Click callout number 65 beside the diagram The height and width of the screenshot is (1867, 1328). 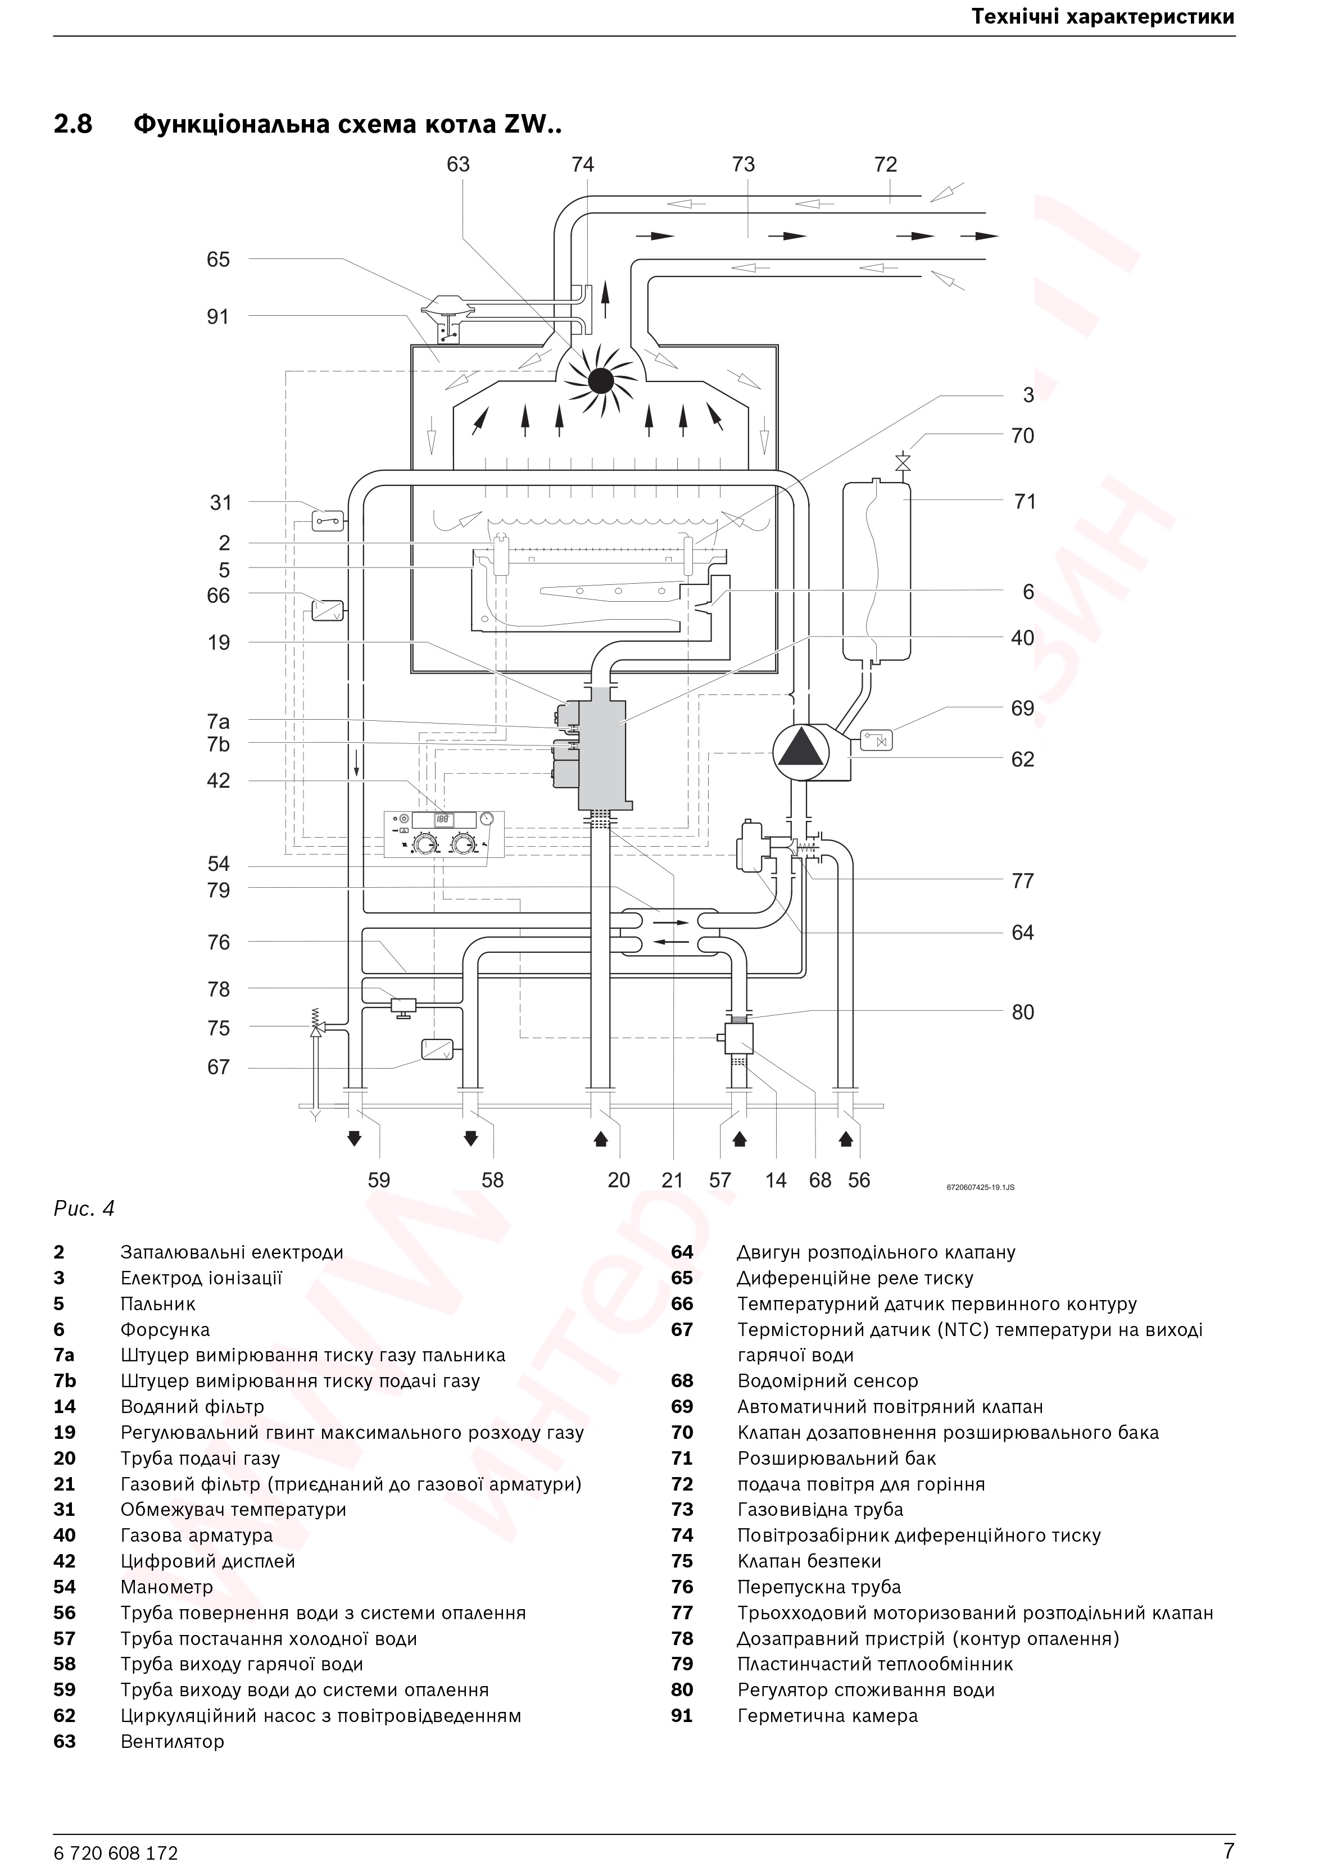[218, 260]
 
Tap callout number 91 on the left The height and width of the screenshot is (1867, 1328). [217, 317]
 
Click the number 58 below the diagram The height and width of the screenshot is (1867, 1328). [492, 1180]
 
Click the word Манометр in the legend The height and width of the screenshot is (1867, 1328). [167, 1587]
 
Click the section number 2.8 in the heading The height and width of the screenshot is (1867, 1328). [74, 125]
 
